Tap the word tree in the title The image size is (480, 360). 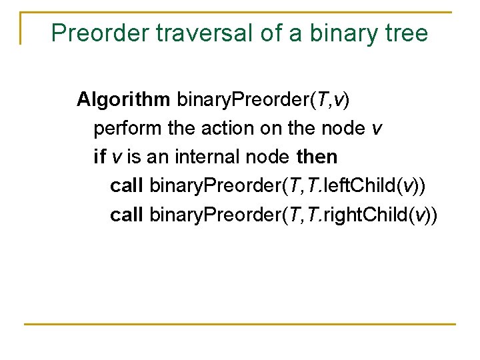point(405,33)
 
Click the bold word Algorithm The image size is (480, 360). point(123,100)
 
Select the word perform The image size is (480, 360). point(119,129)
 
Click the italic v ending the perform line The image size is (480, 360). point(378,129)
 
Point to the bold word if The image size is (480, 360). point(99,157)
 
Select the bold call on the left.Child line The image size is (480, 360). point(127,186)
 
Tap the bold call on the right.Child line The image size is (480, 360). point(127,215)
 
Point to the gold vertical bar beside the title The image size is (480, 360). point(21,28)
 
